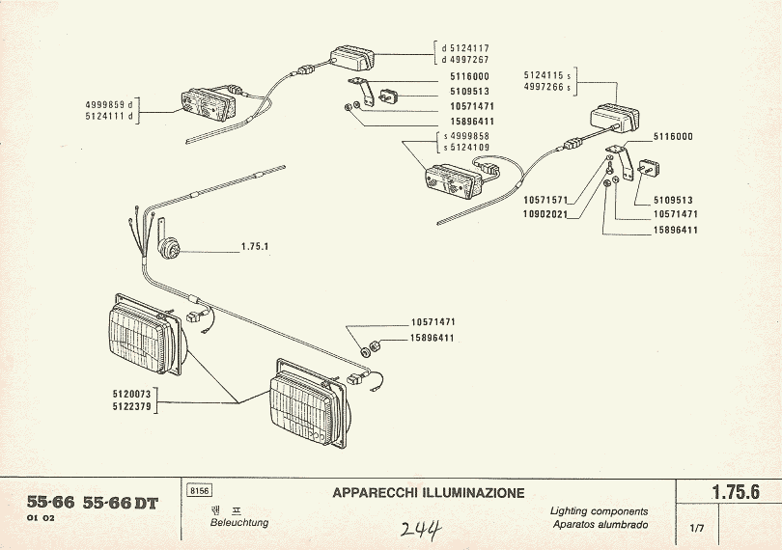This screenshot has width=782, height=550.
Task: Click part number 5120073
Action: (x=133, y=394)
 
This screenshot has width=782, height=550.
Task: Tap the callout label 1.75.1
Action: (x=255, y=246)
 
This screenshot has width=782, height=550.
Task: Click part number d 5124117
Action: (x=465, y=47)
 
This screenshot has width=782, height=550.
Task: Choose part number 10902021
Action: (x=545, y=213)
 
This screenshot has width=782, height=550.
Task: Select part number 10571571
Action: (x=545, y=200)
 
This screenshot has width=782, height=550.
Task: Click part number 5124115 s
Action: (x=547, y=74)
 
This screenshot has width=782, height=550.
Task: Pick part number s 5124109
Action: (x=465, y=148)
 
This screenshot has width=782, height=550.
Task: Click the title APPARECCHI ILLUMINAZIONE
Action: (x=429, y=493)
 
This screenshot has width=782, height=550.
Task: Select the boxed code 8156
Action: (x=200, y=491)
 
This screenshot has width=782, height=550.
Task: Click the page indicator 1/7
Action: (x=697, y=528)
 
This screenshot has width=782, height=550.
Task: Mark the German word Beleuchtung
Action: (x=239, y=523)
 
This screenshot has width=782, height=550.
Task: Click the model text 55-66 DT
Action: (x=120, y=503)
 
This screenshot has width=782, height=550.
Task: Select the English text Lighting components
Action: (x=599, y=511)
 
